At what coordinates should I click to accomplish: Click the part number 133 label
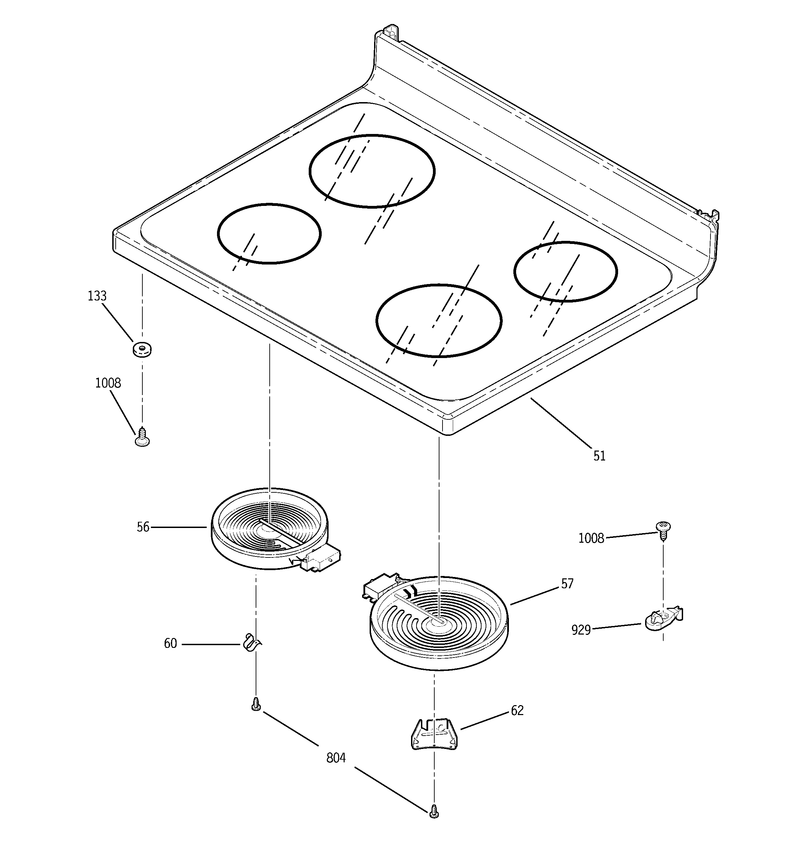click(x=97, y=296)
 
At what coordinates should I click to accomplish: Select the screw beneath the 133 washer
click(x=142, y=438)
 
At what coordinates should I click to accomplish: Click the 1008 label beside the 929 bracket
click(x=591, y=539)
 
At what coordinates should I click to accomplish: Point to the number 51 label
click(x=599, y=456)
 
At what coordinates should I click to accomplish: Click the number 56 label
click(x=143, y=527)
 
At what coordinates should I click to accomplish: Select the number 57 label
click(x=567, y=583)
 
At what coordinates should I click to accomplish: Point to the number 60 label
click(x=170, y=643)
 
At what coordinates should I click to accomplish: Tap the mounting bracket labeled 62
click(x=433, y=734)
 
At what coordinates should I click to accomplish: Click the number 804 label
click(x=335, y=758)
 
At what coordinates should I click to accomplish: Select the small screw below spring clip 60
click(x=256, y=704)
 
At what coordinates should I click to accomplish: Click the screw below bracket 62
click(x=434, y=811)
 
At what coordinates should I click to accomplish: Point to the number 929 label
click(x=581, y=630)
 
